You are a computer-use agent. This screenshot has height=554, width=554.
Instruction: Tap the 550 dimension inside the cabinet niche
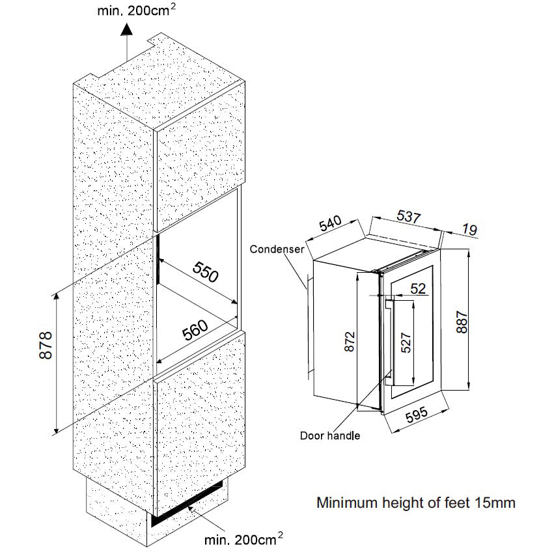205,273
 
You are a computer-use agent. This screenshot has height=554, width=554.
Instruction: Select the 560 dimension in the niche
195,331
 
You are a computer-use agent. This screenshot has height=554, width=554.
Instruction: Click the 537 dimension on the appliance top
408,217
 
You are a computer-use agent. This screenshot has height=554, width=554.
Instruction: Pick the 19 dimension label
469,230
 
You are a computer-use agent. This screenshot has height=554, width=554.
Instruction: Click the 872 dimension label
349,342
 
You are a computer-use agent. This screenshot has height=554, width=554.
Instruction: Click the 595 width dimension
415,417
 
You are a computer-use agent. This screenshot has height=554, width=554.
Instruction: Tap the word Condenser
277,249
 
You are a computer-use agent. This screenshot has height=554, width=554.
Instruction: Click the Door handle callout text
330,436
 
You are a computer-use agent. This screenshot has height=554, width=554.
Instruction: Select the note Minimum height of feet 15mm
415,503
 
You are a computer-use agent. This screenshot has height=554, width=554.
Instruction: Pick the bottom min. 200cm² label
243,539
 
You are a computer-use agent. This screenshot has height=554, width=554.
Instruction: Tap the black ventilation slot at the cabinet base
189,505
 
